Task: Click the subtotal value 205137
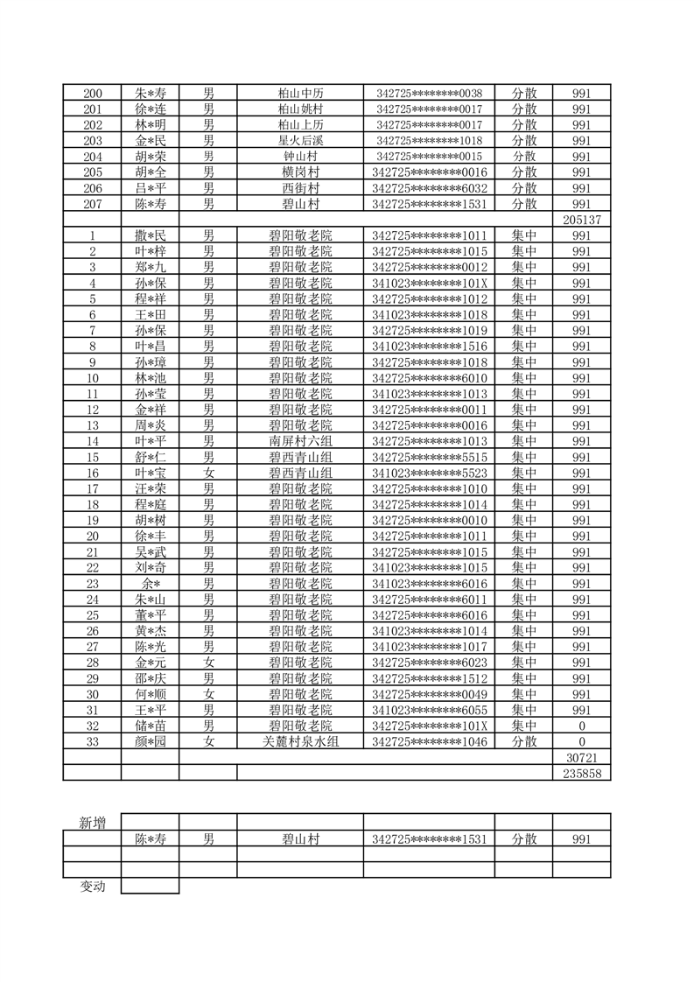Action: [582, 220]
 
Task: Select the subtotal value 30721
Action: [582, 757]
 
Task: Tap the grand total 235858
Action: [582, 773]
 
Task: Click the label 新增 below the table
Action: [92, 822]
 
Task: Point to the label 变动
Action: [92, 886]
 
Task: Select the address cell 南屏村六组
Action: [300, 441]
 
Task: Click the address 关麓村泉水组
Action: [300, 741]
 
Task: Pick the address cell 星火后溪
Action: [300, 141]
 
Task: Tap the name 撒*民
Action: [150, 235]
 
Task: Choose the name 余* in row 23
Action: [150, 584]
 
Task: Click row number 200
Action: [92, 94]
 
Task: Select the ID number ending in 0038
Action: [429, 94]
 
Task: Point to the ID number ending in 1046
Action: [429, 741]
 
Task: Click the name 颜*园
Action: [150, 741]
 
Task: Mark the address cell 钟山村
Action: [300, 157]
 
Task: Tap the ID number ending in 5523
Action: [429, 473]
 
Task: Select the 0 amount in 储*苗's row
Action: [582, 726]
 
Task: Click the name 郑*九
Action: [150, 267]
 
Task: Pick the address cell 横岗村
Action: [300, 172]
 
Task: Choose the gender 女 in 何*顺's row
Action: [208, 694]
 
